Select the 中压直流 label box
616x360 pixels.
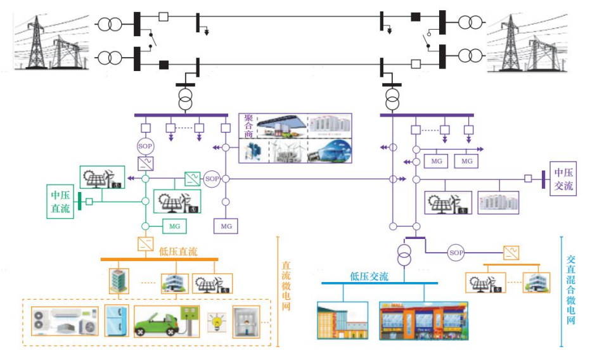[x=61, y=202]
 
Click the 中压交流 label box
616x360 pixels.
[x=563, y=179]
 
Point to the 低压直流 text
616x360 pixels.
[x=178, y=252]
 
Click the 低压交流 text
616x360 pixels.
[x=369, y=276]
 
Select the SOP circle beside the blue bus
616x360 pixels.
[x=456, y=253]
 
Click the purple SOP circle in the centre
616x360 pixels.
[x=212, y=179]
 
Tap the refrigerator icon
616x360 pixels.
[x=117, y=320]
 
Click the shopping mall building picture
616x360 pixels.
[x=423, y=320]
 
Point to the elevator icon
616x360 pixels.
[x=247, y=322]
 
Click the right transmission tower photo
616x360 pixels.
[x=529, y=42]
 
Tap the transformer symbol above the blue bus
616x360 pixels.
[x=402, y=256]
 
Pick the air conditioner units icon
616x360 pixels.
[x=66, y=321]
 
